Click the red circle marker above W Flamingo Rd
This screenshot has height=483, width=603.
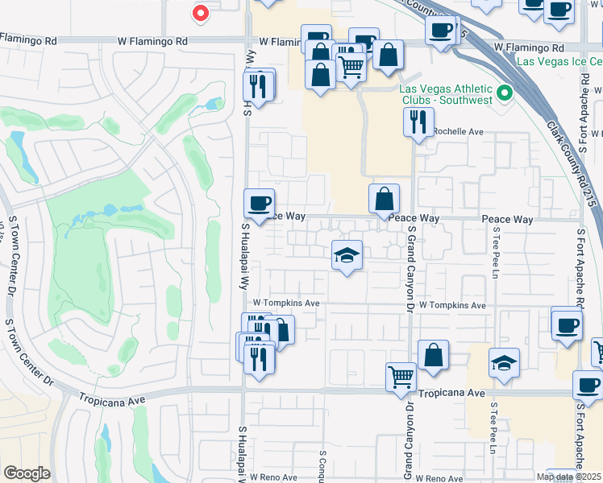[x=201, y=13]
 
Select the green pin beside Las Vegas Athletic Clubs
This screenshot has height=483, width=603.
[x=505, y=93]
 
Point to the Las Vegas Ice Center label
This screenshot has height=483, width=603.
[x=561, y=60]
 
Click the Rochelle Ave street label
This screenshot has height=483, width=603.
[x=457, y=131]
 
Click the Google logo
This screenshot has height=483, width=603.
[x=27, y=473]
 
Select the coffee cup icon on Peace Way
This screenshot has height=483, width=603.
[x=259, y=204]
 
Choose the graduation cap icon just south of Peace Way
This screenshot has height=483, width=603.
[x=347, y=255]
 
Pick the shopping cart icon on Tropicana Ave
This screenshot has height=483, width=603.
[x=401, y=376]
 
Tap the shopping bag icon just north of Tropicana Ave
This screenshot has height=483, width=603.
[x=434, y=354]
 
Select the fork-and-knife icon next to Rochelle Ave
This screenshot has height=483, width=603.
[x=418, y=122]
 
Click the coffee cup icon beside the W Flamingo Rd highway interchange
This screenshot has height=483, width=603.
[x=440, y=31]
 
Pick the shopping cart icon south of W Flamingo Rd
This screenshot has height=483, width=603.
[x=351, y=68]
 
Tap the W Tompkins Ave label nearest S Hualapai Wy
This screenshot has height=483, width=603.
[x=287, y=303]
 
